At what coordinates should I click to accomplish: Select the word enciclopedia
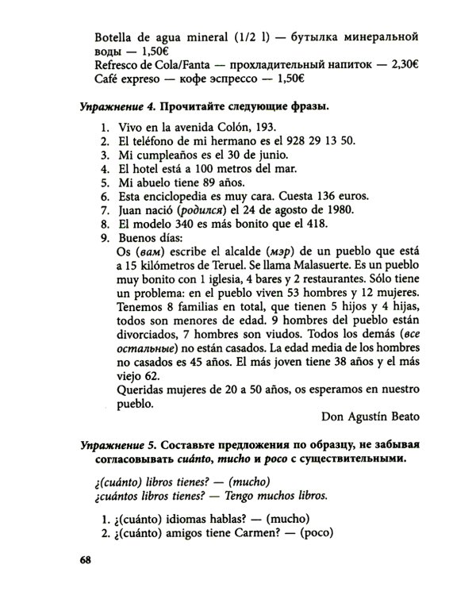[178, 195]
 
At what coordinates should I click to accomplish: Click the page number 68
[87, 561]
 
